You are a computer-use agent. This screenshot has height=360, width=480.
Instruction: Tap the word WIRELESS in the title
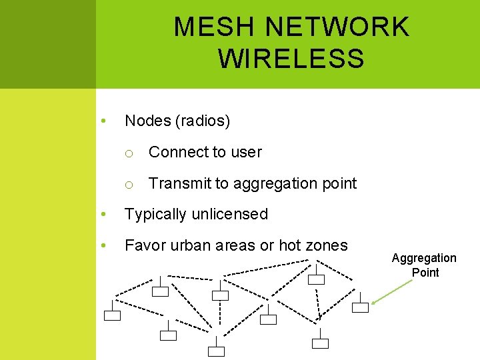click(291, 59)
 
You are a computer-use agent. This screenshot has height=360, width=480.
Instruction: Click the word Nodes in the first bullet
click(147, 121)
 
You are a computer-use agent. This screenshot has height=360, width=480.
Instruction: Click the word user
click(246, 152)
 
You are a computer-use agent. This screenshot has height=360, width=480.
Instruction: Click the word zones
click(327, 245)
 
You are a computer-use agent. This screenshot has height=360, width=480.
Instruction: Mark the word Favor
click(143, 245)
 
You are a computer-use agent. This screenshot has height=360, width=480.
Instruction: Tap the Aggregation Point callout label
click(425, 265)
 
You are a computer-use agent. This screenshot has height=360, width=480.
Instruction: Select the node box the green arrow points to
click(360, 307)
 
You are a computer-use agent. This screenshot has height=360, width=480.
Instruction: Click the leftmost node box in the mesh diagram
click(112, 315)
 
